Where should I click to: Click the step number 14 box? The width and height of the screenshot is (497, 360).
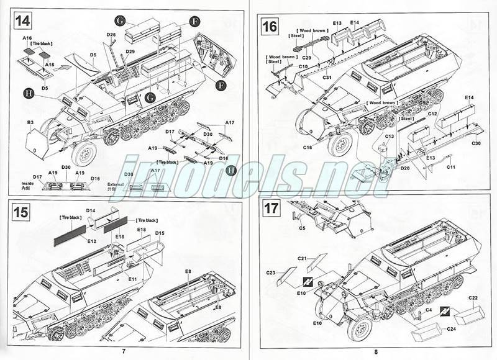coord(23,20)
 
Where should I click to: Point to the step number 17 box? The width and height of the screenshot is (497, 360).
coord(271,208)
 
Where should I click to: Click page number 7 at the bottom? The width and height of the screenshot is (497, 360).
coord(124,352)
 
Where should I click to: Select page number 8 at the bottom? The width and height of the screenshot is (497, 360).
coord(376,352)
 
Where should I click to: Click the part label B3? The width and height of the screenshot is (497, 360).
coord(30,122)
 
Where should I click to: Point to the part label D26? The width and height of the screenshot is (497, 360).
coord(111,35)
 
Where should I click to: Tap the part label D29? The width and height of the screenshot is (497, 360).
coord(130,52)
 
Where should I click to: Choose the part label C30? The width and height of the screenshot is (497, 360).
coord(476,144)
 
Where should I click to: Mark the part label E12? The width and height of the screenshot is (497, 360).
coord(92,240)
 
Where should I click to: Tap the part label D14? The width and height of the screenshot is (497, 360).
coord(91,212)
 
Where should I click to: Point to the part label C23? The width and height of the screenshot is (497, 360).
coord(271,271)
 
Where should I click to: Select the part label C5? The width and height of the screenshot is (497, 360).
coord(302,228)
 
